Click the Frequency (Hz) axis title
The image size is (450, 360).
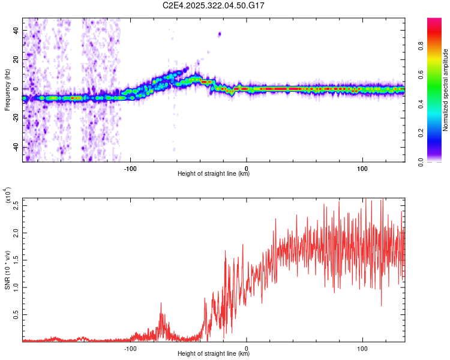click(7, 89)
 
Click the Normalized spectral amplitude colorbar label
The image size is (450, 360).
click(446, 89)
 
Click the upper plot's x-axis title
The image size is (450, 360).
click(214, 174)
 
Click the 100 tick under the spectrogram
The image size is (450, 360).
click(362, 167)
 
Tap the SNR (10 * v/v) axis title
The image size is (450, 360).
click(7, 269)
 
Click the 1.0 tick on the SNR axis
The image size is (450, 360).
click(16, 287)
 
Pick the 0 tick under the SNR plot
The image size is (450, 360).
click(247, 347)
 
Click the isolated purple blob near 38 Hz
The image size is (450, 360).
click(220, 34)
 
